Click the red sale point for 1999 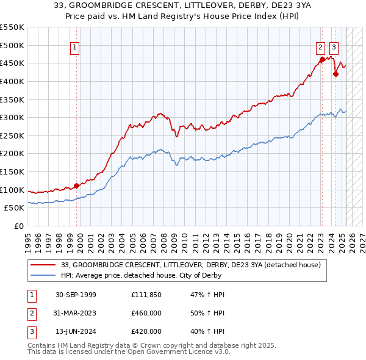76,185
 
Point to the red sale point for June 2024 335,74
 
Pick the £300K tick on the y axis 12,117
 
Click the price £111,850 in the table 146,295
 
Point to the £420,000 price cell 146,331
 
